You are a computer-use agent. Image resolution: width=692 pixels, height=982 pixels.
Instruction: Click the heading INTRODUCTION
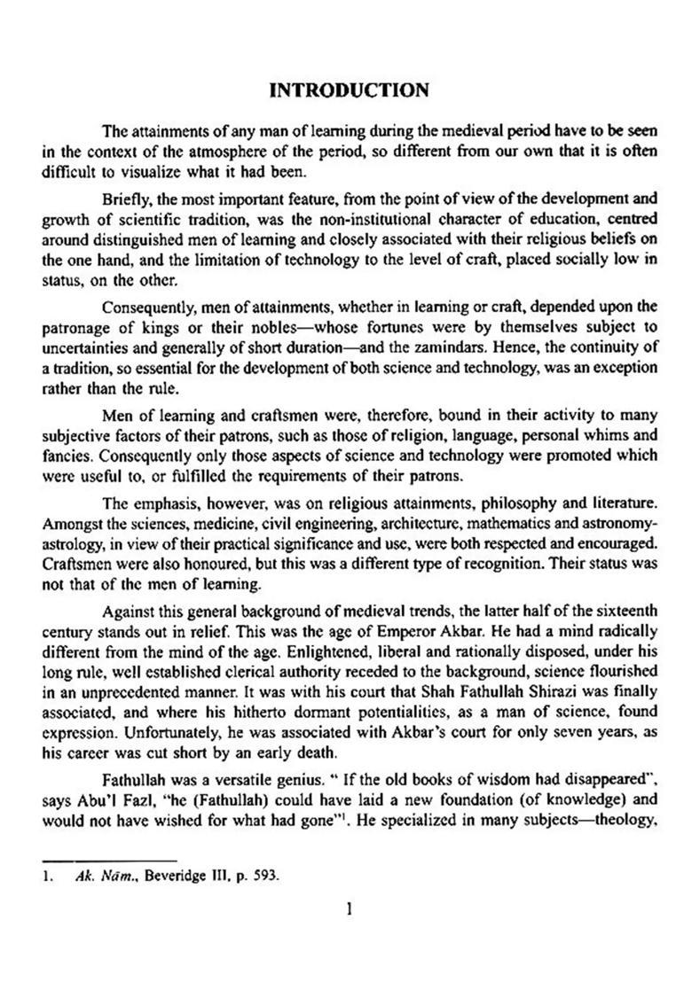(x=349, y=90)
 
